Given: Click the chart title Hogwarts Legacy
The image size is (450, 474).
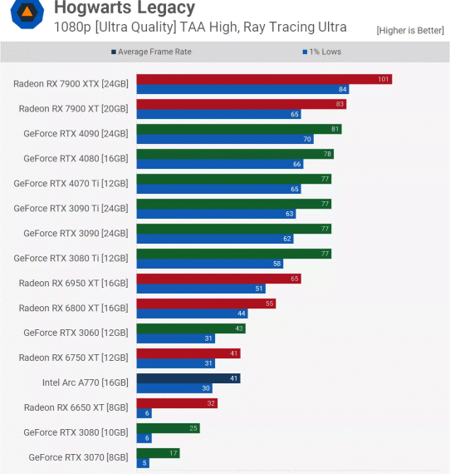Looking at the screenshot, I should click(x=125, y=8).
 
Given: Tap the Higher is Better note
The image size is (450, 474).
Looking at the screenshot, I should click(x=409, y=30).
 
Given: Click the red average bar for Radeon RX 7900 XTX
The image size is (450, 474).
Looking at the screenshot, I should click(x=263, y=79).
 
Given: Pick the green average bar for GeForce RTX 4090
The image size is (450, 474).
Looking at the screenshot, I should click(x=238, y=129).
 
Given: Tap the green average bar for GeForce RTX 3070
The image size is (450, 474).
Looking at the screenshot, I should click(x=158, y=453).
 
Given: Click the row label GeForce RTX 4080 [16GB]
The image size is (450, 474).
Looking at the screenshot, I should click(x=76, y=158).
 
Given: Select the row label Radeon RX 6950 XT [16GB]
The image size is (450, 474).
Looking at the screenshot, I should click(x=73, y=283).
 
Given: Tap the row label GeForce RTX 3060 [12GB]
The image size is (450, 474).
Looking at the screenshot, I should click(x=76, y=333).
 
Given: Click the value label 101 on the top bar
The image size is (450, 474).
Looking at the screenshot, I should click(x=383, y=79).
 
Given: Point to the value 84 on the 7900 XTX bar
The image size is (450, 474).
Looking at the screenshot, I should click(x=342, y=89).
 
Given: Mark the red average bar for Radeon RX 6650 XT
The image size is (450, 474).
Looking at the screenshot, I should click(x=176, y=403).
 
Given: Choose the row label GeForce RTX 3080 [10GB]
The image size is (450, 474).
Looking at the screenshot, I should click(x=76, y=432).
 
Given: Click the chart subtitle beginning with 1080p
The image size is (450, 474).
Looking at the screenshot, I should click(x=200, y=27).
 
